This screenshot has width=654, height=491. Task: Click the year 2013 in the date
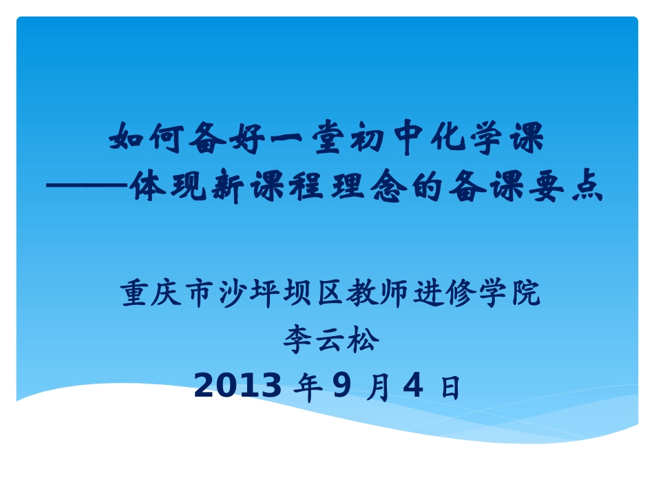(238, 386)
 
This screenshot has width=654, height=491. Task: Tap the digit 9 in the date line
(341, 386)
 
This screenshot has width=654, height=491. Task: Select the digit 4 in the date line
(412, 386)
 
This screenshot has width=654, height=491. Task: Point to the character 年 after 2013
(307, 388)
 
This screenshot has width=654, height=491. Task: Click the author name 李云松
(330, 340)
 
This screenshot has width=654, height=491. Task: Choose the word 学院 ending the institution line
(509, 293)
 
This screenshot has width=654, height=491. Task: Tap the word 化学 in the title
(467, 138)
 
